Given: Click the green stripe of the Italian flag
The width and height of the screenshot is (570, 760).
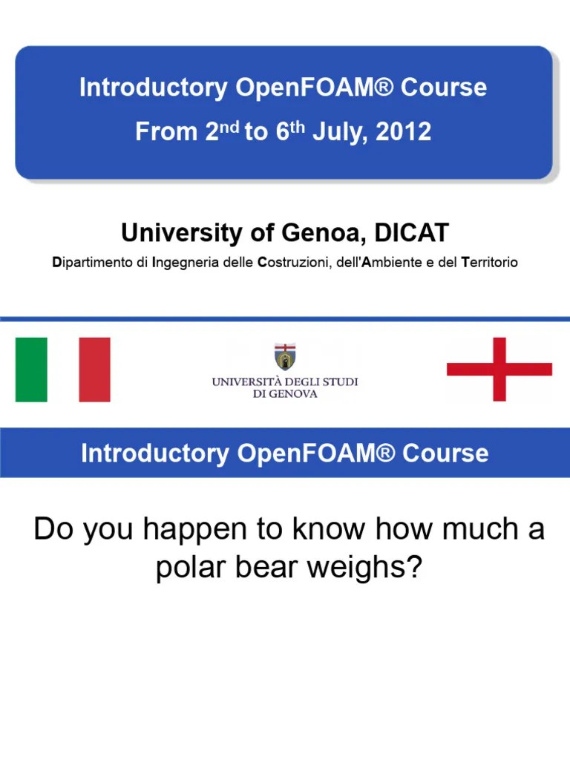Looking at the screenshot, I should pyautogui.click(x=31, y=370).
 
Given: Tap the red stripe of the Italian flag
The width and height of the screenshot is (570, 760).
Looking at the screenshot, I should pyautogui.click(x=94, y=370).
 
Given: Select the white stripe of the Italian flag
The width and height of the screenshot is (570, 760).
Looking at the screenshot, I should pyautogui.click(x=63, y=370).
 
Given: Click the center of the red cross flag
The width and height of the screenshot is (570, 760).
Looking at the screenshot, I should pyautogui.click(x=499, y=370).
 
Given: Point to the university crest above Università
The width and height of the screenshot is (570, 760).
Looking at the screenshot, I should pyautogui.click(x=284, y=357).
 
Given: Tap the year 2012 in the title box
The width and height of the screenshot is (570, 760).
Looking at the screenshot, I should pyautogui.click(x=403, y=132).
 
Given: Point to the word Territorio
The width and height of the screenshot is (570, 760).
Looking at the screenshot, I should pyautogui.click(x=489, y=263).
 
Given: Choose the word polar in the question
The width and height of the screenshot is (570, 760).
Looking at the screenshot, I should pyautogui.click(x=189, y=569).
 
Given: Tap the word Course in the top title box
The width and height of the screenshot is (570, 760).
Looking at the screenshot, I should pyautogui.click(x=444, y=88).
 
